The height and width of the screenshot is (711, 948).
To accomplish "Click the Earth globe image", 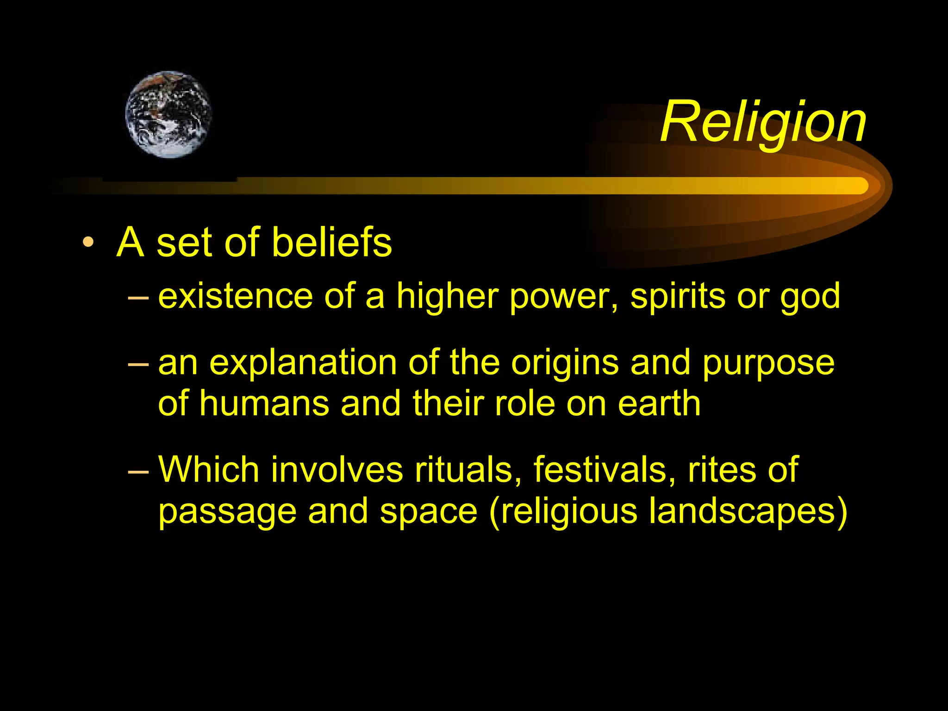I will (x=168, y=114).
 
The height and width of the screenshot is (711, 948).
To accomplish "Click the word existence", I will (x=235, y=296).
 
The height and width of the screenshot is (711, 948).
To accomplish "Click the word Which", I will (x=208, y=470).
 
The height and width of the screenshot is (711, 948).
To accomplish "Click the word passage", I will (x=227, y=512).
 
